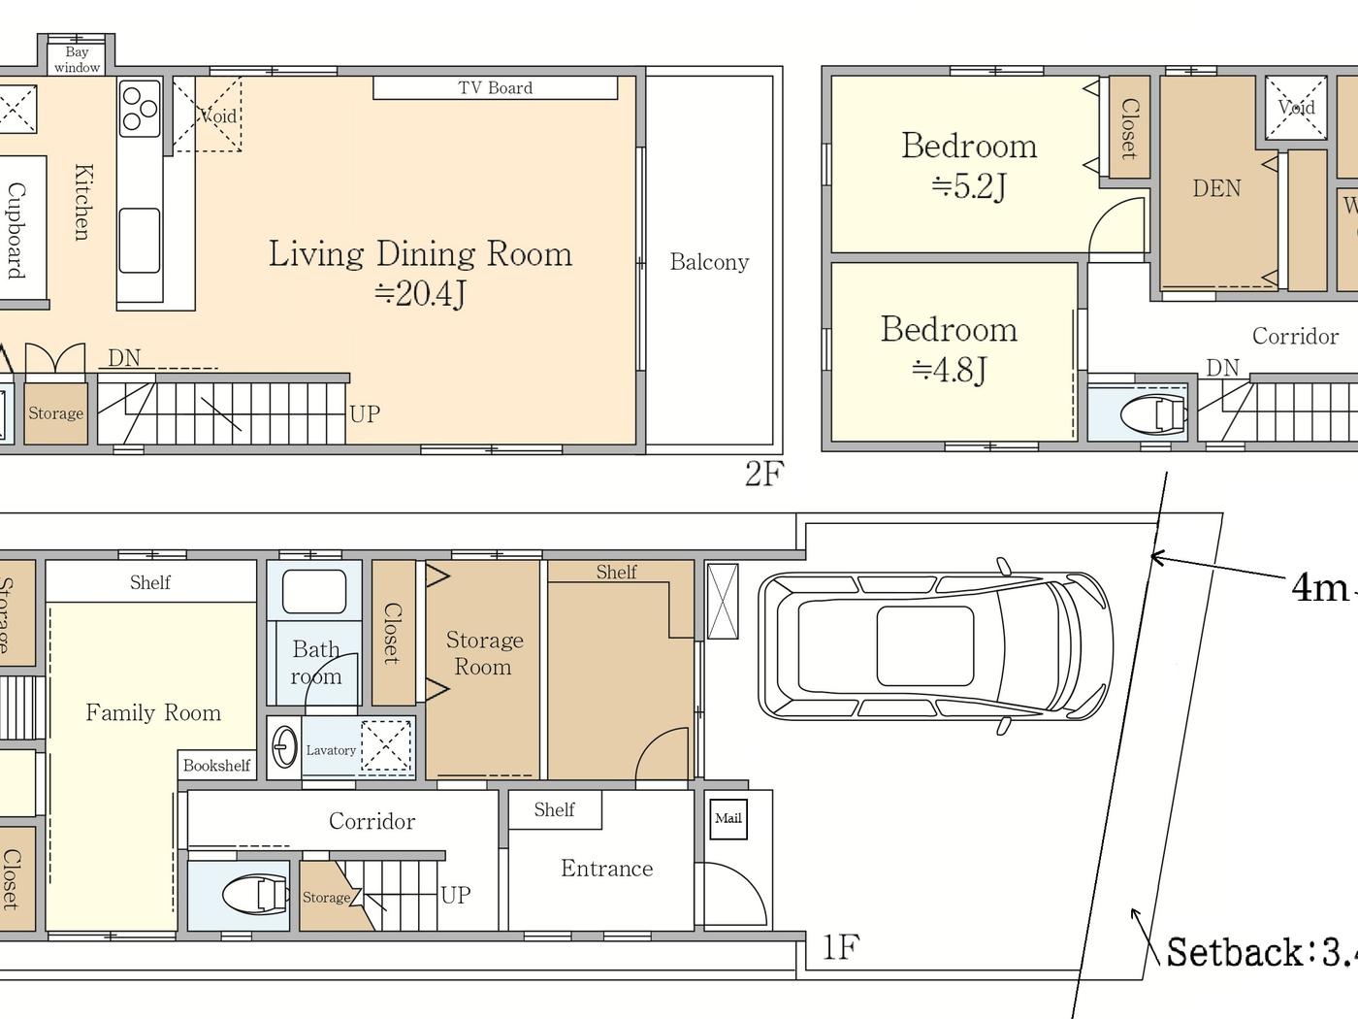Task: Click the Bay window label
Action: click(x=77, y=59)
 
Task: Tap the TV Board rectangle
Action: click(x=495, y=88)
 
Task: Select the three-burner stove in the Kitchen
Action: click(x=140, y=108)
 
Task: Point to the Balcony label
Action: click(x=709, y=262)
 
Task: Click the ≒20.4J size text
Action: click(x=420, y=293)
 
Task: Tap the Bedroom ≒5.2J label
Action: click(x=968, y=165)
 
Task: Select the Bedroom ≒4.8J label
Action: click(x=949, y=348)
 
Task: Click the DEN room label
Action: click(x=1216, y=188)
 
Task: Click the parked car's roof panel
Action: click(x=924, y=646)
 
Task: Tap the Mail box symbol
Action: click(x=728, y=818)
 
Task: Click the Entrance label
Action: click(x=606, y=869)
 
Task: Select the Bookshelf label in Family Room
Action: click(x=216, y=766)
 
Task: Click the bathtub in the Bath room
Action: click(x=314, y=592)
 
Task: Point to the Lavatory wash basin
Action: click(x=284, y=748)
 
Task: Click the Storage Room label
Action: click(x=484, y=653)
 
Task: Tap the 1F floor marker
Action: click(x=840, y=947)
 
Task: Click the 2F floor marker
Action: click(x=763, y=474)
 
